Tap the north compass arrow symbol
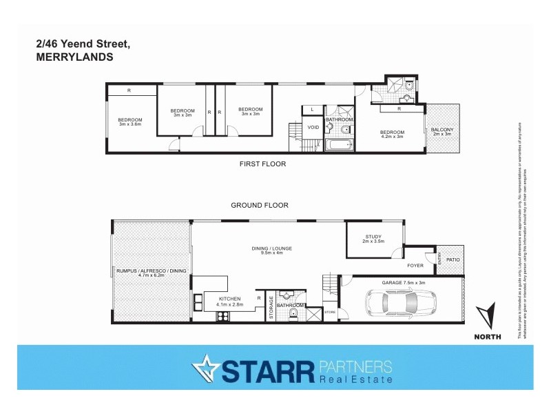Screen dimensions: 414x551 click(x=487, y=316)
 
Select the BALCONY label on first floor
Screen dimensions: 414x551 click(x=441, y=131)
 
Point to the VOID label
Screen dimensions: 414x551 click(x=313, y=127)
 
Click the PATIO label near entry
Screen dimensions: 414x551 click(x=453, y=259)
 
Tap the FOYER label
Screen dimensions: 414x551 click(x=415, y=265)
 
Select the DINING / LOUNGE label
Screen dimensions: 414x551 click(x=269, y=250)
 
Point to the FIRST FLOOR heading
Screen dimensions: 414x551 click(x=262, y=164)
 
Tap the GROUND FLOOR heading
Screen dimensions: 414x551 click(x=259, y=205)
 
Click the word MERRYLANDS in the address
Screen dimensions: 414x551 click(x=74, y=58)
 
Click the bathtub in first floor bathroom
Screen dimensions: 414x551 click(x=338, y=146)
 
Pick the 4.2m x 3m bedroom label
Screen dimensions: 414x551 click(x=391, y=135)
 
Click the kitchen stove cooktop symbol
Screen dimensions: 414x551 click(x=224, y=317)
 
